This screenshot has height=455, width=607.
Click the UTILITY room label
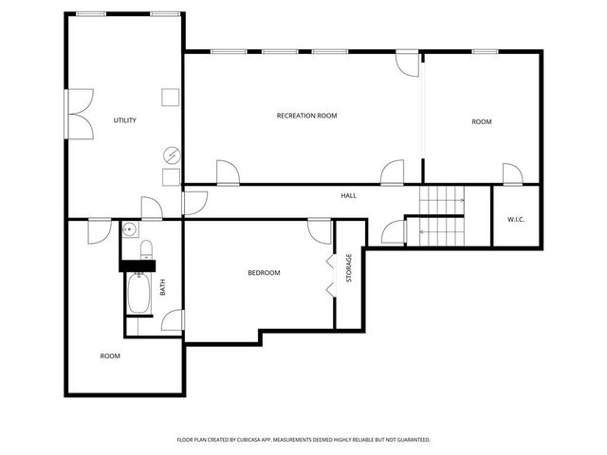pos(125,120)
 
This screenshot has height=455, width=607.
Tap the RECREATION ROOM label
pos(306,116)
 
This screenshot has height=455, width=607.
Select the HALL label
pos(349,195)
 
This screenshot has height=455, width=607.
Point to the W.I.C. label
pos(516,220)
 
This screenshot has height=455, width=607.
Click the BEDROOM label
pos(264,273)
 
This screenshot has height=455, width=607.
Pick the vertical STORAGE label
pos(349,268)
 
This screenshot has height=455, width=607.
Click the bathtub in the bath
pos(138,294)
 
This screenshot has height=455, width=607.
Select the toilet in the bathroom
pos(145,250)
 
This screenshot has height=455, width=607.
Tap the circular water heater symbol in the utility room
pos(172,155)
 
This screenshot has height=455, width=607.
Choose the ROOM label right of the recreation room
pos(482,121)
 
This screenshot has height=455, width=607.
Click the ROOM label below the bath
pos(110,356)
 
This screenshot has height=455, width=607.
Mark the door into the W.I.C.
pos(512,174)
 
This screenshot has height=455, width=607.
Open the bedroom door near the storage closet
pos(320,230)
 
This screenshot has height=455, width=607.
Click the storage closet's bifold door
pos(331,275)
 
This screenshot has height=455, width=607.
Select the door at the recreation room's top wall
pos(406,63)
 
